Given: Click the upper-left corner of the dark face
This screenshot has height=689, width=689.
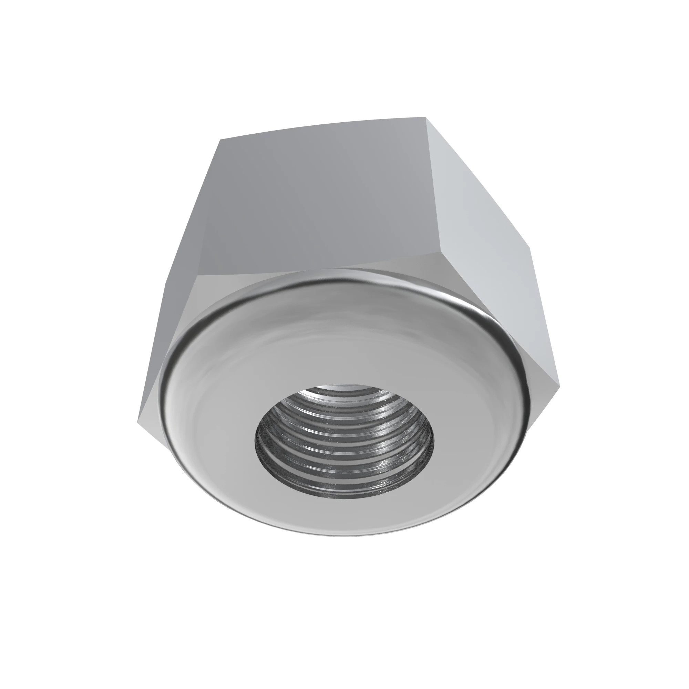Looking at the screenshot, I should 220,140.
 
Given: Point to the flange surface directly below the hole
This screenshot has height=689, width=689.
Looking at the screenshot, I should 344,517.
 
